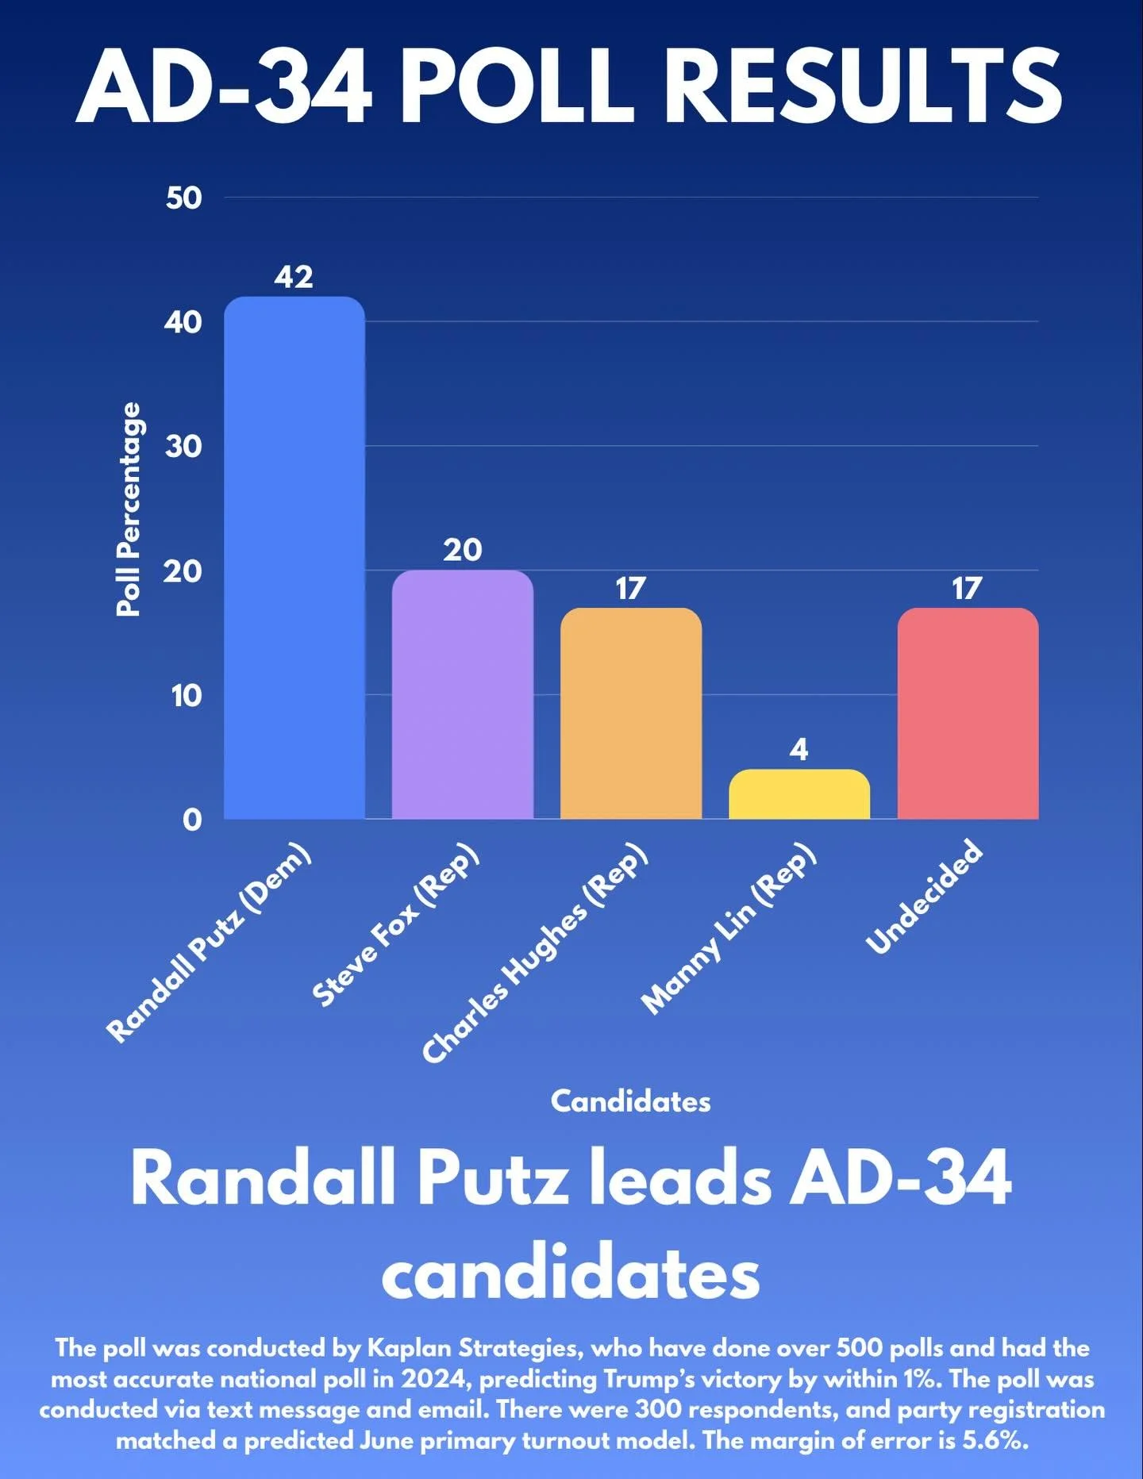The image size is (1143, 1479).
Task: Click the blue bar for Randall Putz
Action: click(x=294, y=557)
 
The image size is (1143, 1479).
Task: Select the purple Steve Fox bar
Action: click(x=463, y=694)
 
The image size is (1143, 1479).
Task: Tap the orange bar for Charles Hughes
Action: click(x=631, y=713)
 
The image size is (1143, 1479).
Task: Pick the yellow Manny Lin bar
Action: click(x=799, y=793)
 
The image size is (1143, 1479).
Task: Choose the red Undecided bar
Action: click(x=968, y=713)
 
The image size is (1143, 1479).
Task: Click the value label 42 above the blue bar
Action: click(x=294, y=277)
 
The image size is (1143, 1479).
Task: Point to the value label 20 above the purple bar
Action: click(x=463, y=550)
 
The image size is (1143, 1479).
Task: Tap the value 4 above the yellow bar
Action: click(x=799, y=749)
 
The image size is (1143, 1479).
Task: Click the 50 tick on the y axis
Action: click(x=184, y=198)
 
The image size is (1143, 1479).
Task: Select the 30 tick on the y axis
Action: click(x=184, y=447)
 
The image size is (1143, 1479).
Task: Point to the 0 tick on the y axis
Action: click(x=192, y=820)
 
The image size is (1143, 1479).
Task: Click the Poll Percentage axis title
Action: click(x=129, y=509)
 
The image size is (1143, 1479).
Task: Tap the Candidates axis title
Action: click(x=630, y=1101)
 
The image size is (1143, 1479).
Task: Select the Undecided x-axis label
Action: click(x=925, y=897)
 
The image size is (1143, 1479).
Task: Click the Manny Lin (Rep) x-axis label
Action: click(x=728, y=928)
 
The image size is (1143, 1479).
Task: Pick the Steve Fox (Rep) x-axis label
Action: click(x=395, y=925)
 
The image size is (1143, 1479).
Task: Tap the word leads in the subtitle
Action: click(x=679, y=1179)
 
